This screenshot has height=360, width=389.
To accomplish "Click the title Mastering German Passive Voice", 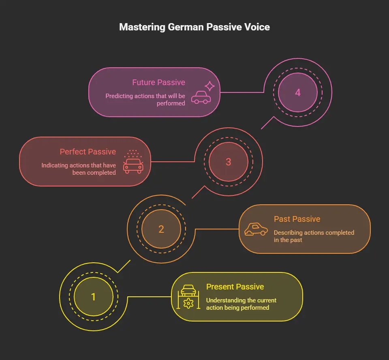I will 194,28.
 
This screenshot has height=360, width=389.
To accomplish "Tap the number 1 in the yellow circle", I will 94,297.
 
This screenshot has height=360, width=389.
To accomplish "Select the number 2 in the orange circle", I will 161,229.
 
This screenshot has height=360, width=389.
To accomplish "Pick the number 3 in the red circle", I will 228,162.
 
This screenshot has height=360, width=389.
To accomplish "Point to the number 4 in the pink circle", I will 298,92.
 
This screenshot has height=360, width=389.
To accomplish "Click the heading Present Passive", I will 235,287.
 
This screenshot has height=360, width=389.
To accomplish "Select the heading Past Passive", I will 297,219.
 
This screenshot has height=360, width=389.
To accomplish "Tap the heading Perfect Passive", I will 88,152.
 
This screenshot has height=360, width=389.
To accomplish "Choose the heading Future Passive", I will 158,82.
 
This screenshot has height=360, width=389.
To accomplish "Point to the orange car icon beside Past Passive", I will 256,229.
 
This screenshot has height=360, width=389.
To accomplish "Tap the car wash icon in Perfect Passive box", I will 133,163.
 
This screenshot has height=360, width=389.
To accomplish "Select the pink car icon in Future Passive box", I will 201,97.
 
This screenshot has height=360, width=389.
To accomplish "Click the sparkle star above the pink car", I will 209,86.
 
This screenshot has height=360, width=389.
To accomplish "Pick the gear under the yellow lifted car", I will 188,303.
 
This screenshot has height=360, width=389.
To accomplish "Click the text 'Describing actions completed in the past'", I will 314,236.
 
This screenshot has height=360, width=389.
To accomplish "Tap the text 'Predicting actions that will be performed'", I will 145,99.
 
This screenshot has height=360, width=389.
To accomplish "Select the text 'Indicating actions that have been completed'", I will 79,169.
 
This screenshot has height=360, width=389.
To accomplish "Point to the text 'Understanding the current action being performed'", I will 241,304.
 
